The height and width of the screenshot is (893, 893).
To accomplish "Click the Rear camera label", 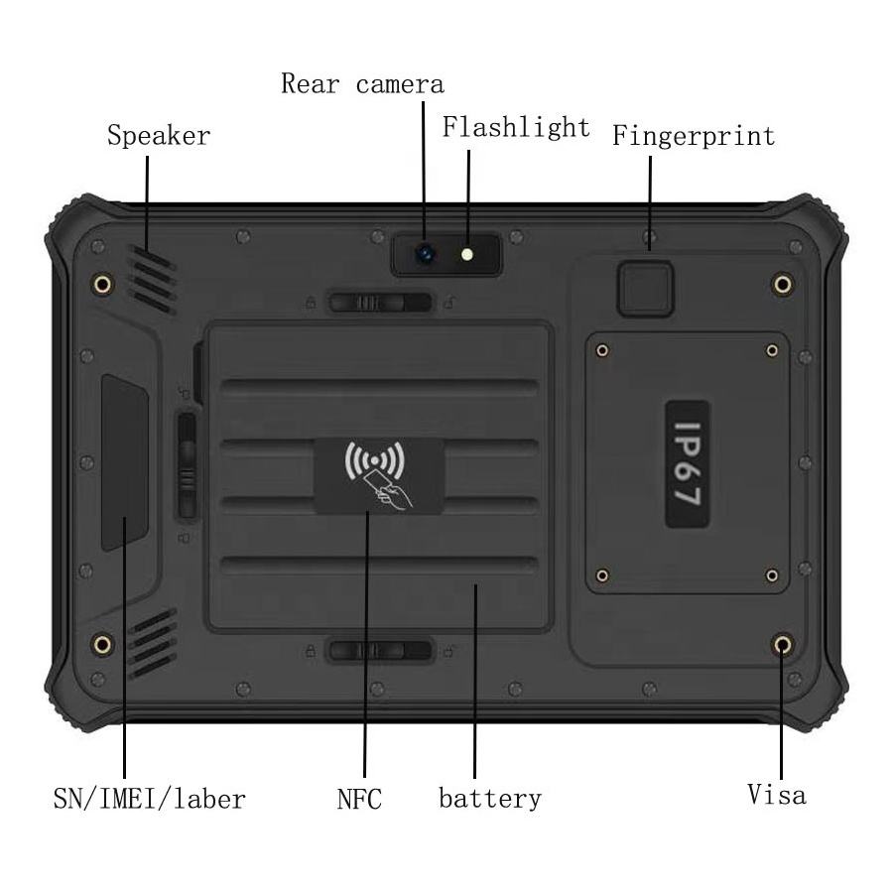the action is point(362,84).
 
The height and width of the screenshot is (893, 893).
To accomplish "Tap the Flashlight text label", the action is point(516,128).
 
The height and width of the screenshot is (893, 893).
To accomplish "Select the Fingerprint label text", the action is point(693,136).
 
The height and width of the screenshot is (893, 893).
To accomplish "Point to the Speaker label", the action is point(159,136).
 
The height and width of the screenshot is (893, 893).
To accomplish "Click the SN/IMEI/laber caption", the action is point(149,799).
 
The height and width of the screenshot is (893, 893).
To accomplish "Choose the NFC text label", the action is point(359,800).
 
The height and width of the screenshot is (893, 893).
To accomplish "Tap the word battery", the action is point(490,799).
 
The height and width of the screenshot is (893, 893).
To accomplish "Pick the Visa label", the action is point(776,795).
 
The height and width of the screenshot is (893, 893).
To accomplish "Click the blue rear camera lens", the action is point(426,254).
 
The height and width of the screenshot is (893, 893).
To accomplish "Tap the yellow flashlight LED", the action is point(466,254).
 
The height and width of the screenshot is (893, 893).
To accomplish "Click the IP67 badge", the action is point(688,464).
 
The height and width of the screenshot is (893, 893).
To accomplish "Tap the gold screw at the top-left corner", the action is point(102,286).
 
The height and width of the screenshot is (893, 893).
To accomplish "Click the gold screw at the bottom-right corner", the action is point(783,646).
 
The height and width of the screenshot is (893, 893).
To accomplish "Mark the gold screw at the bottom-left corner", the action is point(102,645).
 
